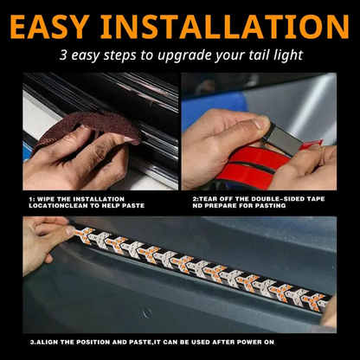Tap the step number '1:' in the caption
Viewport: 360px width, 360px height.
click(x=30, y=198)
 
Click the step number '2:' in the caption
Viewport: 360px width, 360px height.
click(x=196, y=198)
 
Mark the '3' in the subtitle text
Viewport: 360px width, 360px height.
click(x=63, y=56)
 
